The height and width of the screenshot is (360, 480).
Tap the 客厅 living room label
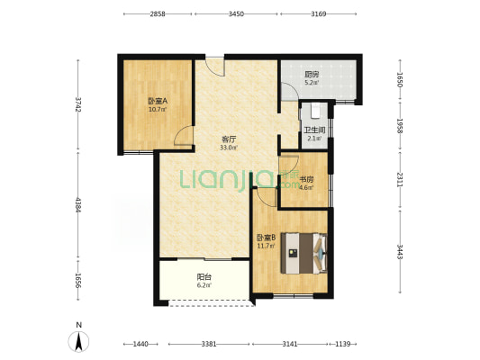pos(229,139)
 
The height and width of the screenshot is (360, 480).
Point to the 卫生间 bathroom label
pos(314,130)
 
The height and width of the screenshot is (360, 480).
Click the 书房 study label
pos(306,179)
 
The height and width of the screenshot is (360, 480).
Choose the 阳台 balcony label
pos(204,277)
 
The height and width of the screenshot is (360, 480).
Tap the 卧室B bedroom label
pos(266,238)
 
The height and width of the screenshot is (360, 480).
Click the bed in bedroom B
pos(304,253)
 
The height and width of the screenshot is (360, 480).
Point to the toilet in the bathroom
pos(315,111)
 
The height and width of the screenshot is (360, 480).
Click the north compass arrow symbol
pos(78,341)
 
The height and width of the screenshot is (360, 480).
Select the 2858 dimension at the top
pos(158,13)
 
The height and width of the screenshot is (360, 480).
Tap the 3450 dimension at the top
pos(236,13)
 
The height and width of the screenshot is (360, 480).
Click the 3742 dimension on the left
pos(78,104)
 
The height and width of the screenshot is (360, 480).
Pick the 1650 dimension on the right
pos(400,79)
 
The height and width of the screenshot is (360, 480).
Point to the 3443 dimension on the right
pos(400,251)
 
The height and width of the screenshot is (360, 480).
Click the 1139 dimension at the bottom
pos(342,344)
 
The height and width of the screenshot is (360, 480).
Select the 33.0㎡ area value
pos(229,148)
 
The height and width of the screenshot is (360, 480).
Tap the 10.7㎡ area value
pos(158,109)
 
